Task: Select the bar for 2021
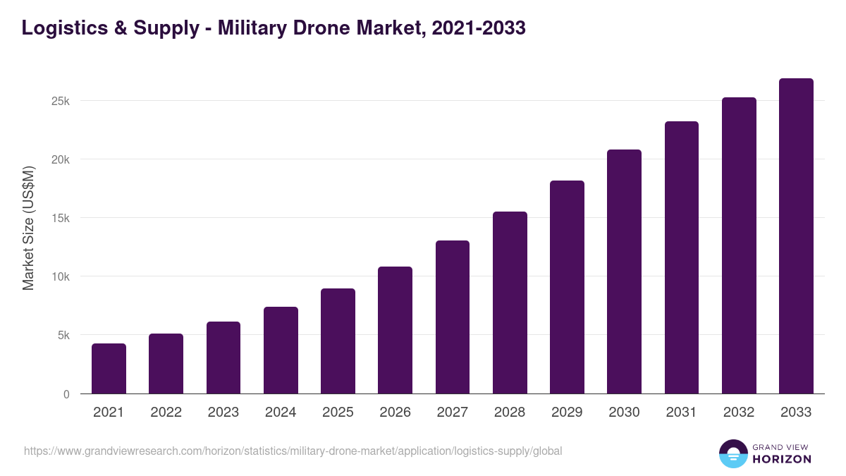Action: [x=109, y=368]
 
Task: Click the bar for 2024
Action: [x=281, y=350]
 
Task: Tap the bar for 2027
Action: [x=453, y=317]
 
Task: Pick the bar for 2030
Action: [x=624, y=271]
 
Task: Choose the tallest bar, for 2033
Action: [x=796, y=236]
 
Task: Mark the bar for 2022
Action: [x=166, y=363]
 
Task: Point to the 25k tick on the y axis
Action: [x=60, y=101]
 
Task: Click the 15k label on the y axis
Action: [x=60, y=218]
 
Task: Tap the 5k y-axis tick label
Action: [x=63, y=336]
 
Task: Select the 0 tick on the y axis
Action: [x=66, y=394]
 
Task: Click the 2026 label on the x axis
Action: [x=395, y=413]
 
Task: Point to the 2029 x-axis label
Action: [x=567, y=413]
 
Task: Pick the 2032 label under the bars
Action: [x=739, y=413]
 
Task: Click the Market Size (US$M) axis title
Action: [x=28, y=228]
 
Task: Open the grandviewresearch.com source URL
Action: [x=293, y=451]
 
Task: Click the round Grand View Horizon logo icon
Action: [x=732, y=453]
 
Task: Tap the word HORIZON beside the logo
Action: [x=782, y=459]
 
